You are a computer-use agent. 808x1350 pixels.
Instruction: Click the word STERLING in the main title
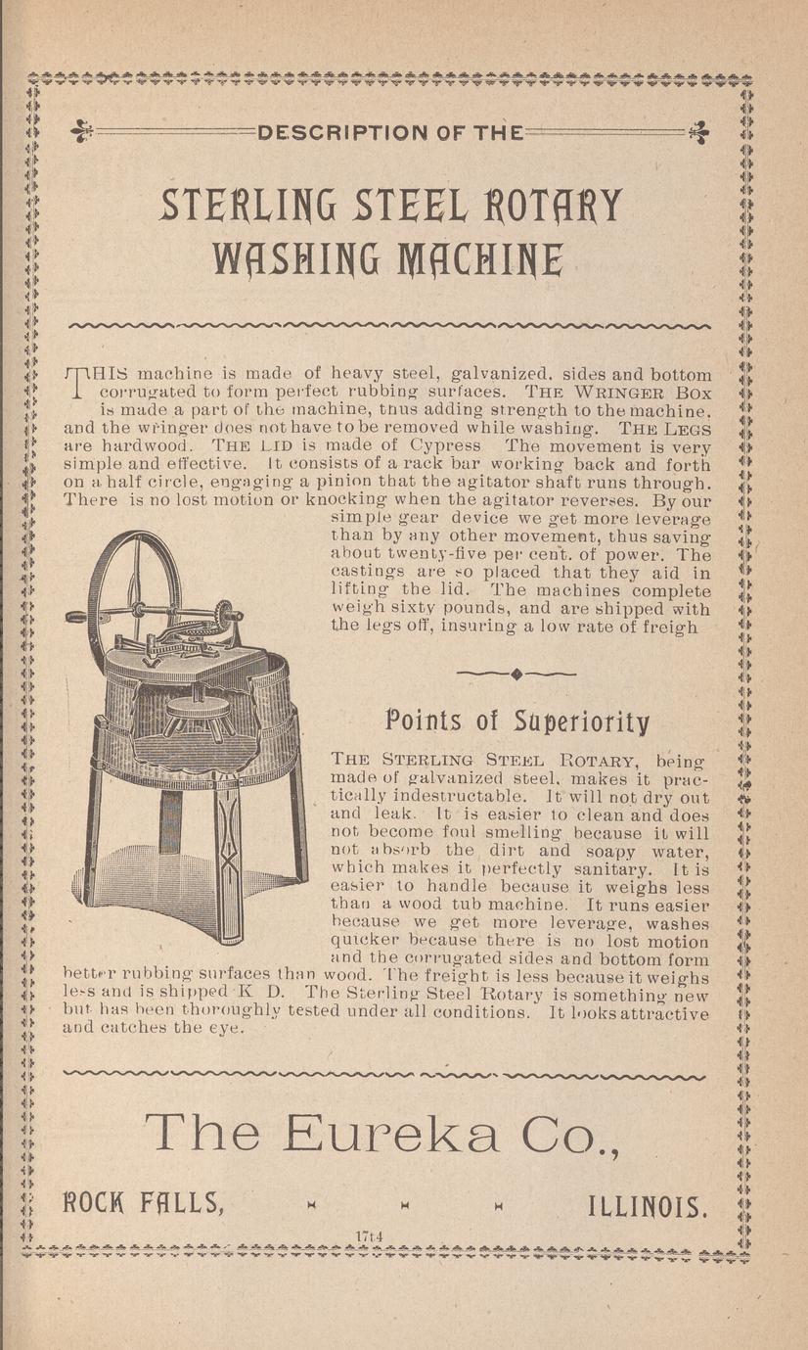[241, 206]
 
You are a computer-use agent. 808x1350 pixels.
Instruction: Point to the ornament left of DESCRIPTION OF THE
[82, 130]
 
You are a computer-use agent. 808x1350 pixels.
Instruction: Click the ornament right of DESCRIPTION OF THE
[699, 130]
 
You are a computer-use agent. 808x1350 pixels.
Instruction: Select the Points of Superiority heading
[517, 722]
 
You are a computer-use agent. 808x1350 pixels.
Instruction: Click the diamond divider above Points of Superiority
[516, 673]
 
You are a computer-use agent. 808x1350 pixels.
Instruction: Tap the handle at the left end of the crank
[75, 618]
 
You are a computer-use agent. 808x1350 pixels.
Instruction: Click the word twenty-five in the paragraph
[422, 555]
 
